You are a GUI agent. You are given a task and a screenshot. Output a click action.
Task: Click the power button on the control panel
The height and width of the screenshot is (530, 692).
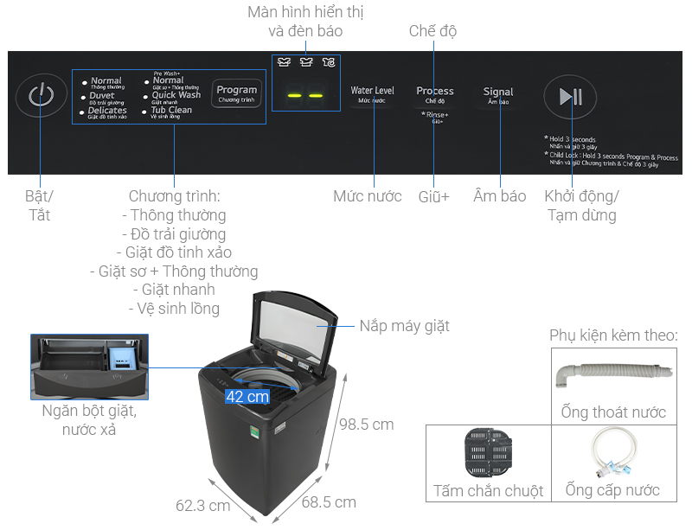click(x=41, y=95)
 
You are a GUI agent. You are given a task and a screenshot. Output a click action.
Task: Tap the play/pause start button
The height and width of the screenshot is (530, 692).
click(x=571, y=97)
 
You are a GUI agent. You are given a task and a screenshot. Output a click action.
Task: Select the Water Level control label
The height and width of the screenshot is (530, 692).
click(x=372, y=91)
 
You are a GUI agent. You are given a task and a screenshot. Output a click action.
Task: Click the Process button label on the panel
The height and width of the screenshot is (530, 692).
click(x=434, y=91)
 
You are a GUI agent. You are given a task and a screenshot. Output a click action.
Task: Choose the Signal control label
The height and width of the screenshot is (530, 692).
click(x=498, y=92)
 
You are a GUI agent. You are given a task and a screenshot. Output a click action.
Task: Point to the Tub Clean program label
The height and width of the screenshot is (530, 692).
click(x=171, y=111)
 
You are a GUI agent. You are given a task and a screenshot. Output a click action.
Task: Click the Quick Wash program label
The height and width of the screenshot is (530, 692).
click(x=176, y=95)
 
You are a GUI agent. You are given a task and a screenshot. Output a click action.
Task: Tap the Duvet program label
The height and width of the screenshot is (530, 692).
click(x=102, y=96)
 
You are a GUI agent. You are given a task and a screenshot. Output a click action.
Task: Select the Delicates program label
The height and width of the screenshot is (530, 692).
click(x=107, y=111)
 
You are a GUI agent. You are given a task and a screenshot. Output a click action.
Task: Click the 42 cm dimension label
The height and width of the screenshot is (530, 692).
click(x=247, y=397)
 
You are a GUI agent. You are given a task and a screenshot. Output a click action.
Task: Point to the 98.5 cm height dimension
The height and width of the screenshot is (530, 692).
click(x=366, y=425)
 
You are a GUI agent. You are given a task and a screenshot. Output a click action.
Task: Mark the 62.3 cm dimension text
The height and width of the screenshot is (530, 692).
click(x=202, y=505)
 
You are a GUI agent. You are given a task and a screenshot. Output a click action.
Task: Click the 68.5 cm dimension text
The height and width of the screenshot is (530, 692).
click(x=329, y=501)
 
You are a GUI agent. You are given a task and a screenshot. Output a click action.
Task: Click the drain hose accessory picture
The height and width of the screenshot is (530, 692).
click(x=610, y=374)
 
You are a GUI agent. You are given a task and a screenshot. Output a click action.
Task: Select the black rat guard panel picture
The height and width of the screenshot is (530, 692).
click(x=489, y=453)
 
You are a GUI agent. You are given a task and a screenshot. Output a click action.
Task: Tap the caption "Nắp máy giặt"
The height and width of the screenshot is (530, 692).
click(x=404, y=326)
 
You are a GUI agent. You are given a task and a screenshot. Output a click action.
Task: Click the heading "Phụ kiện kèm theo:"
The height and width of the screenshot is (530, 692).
click(x=613, y=335)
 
